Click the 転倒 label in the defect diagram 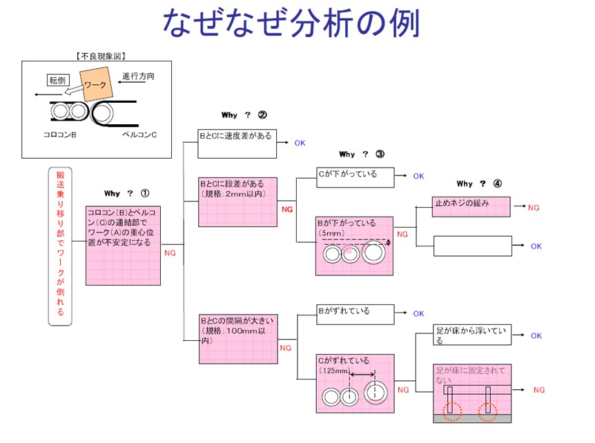(x=57, y=81)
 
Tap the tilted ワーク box (x=95, y=86)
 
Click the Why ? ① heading (x=126, y=193)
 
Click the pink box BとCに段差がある (x=237, y=201)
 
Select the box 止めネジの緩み (x=472, y=206)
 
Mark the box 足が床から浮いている (x=472, y=335)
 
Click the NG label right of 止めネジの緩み (x=534, y=208)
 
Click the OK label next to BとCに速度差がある (x=300, y=144)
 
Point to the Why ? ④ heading (x=478, y=184)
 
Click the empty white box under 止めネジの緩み (x=472, y=246)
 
